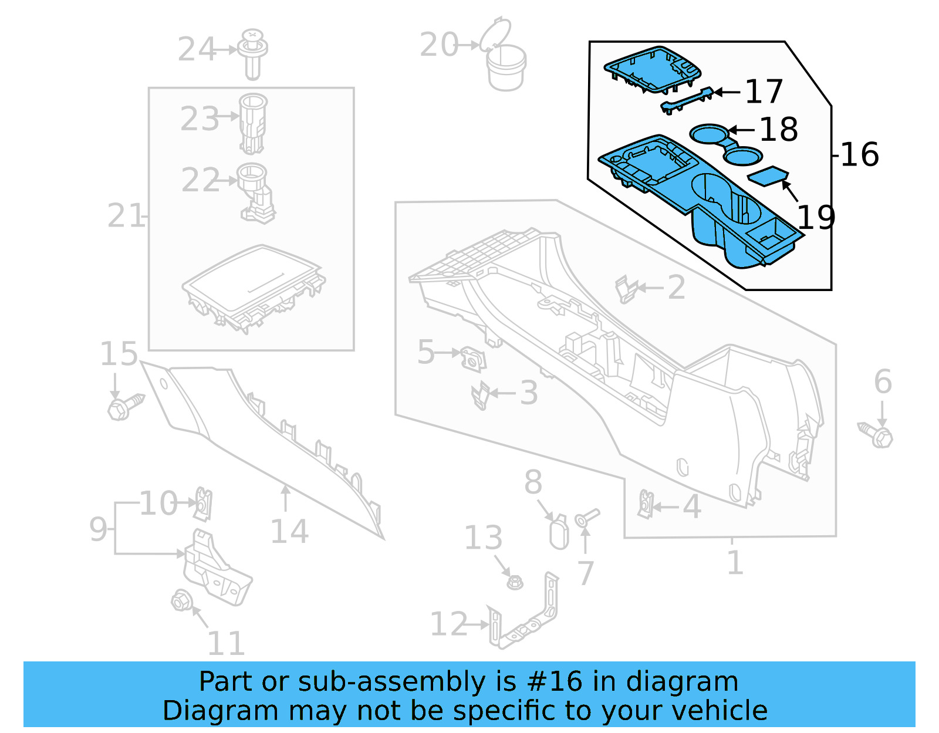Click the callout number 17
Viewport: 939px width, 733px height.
(764, 92)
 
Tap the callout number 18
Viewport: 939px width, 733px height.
(778, 130)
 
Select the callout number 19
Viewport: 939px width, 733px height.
(816, 218)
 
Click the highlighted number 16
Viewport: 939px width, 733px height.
(859, 155)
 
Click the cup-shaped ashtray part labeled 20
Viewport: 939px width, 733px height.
(506, 67)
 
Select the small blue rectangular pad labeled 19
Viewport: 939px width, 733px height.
(768, 175)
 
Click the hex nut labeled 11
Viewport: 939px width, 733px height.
(180, 600)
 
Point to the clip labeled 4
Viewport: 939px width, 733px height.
(646, 504)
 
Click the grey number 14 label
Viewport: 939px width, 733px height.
(289, 532)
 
